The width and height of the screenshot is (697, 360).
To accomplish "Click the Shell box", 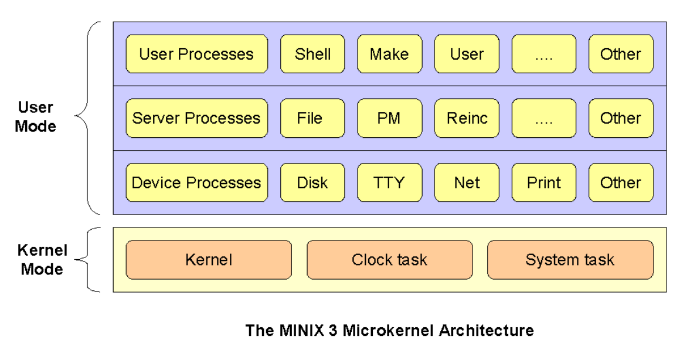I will click(x=312, y=54).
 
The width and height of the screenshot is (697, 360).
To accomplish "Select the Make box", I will click(x=389, y=54).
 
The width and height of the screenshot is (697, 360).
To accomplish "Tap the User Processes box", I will click(x=196, y=54).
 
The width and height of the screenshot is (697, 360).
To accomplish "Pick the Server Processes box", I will click(x=196, y=118).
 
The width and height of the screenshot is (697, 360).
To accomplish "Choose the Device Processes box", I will click(x=196, y=182).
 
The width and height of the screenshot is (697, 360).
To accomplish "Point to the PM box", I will click(x=389, y=118).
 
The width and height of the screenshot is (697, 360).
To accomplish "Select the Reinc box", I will click(x=467, y=118).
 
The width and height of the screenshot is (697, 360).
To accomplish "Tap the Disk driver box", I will click(x=312, y=182).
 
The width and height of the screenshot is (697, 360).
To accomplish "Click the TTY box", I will click(x=389, y=182).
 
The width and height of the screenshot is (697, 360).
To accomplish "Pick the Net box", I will click(x=467, y=182).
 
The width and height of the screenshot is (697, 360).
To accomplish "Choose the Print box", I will click(x=544, y=182).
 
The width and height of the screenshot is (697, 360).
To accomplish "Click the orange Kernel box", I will click(x=209, y=260).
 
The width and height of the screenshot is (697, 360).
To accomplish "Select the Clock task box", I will click(x=389, y=260).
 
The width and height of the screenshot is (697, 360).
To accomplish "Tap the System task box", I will click(x=570, y=260).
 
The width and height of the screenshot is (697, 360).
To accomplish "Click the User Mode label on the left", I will click(x=36, y=117).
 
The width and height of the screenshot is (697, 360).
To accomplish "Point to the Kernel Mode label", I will click(x=42, y=260).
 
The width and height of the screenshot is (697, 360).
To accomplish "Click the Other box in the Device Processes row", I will click(x=621, y=182).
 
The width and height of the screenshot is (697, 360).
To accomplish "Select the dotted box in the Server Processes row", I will click(x=544, y=118).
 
